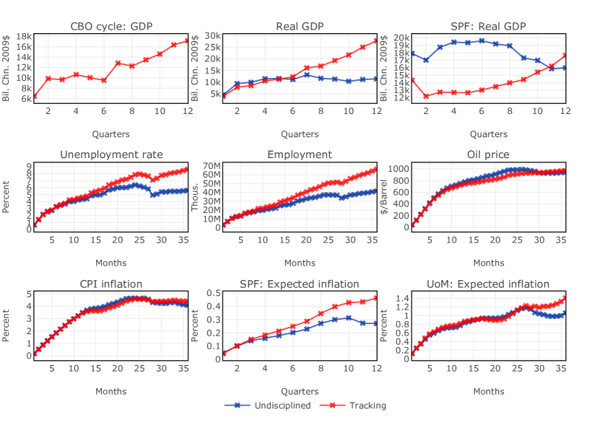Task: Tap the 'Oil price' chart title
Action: [488, 154]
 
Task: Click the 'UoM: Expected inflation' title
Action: [488, 284]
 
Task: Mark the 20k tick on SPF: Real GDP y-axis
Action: [401, 37]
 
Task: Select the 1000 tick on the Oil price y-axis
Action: [398, 168]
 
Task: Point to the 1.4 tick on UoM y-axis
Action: [401, 297]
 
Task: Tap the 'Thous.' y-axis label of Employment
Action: [195, 196]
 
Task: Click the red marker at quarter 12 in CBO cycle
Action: [188, 40]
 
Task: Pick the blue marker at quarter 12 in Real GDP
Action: [376, 79]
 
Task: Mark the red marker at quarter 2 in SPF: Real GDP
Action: [426, 96]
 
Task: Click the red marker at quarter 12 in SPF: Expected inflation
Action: [376, 298]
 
